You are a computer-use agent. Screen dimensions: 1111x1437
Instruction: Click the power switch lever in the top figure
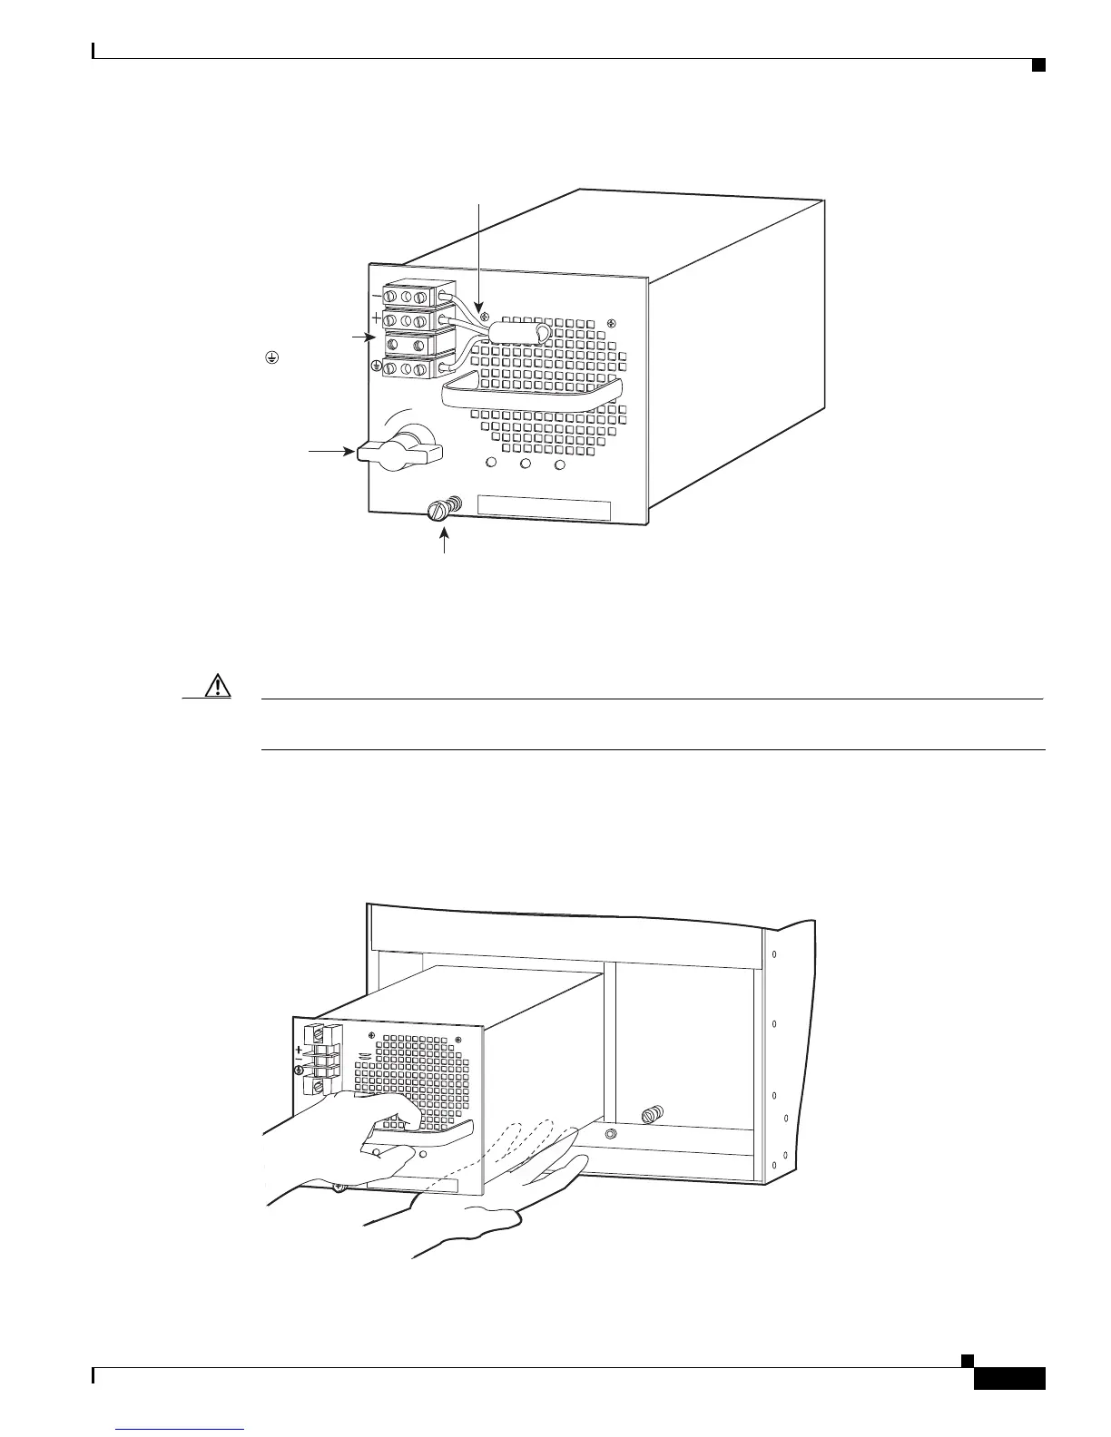pyautogui.click(x=399, y=450)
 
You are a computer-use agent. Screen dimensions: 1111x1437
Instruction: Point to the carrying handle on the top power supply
pyautogui.click(x=531, y=392)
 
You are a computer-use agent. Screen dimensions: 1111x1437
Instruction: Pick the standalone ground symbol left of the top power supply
pyautogui.click(x=270, y=358)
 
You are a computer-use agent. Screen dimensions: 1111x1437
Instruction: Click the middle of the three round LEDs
pyautogui.click(x=526, y=464)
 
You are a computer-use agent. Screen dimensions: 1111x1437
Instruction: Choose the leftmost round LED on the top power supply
pyautogui.click(x=492, y=464)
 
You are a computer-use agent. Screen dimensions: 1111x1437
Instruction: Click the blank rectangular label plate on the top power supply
pyautogui.click(x=544, y=507)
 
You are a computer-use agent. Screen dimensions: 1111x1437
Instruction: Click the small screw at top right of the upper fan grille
pyautogui.click(x=611, y=324)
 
